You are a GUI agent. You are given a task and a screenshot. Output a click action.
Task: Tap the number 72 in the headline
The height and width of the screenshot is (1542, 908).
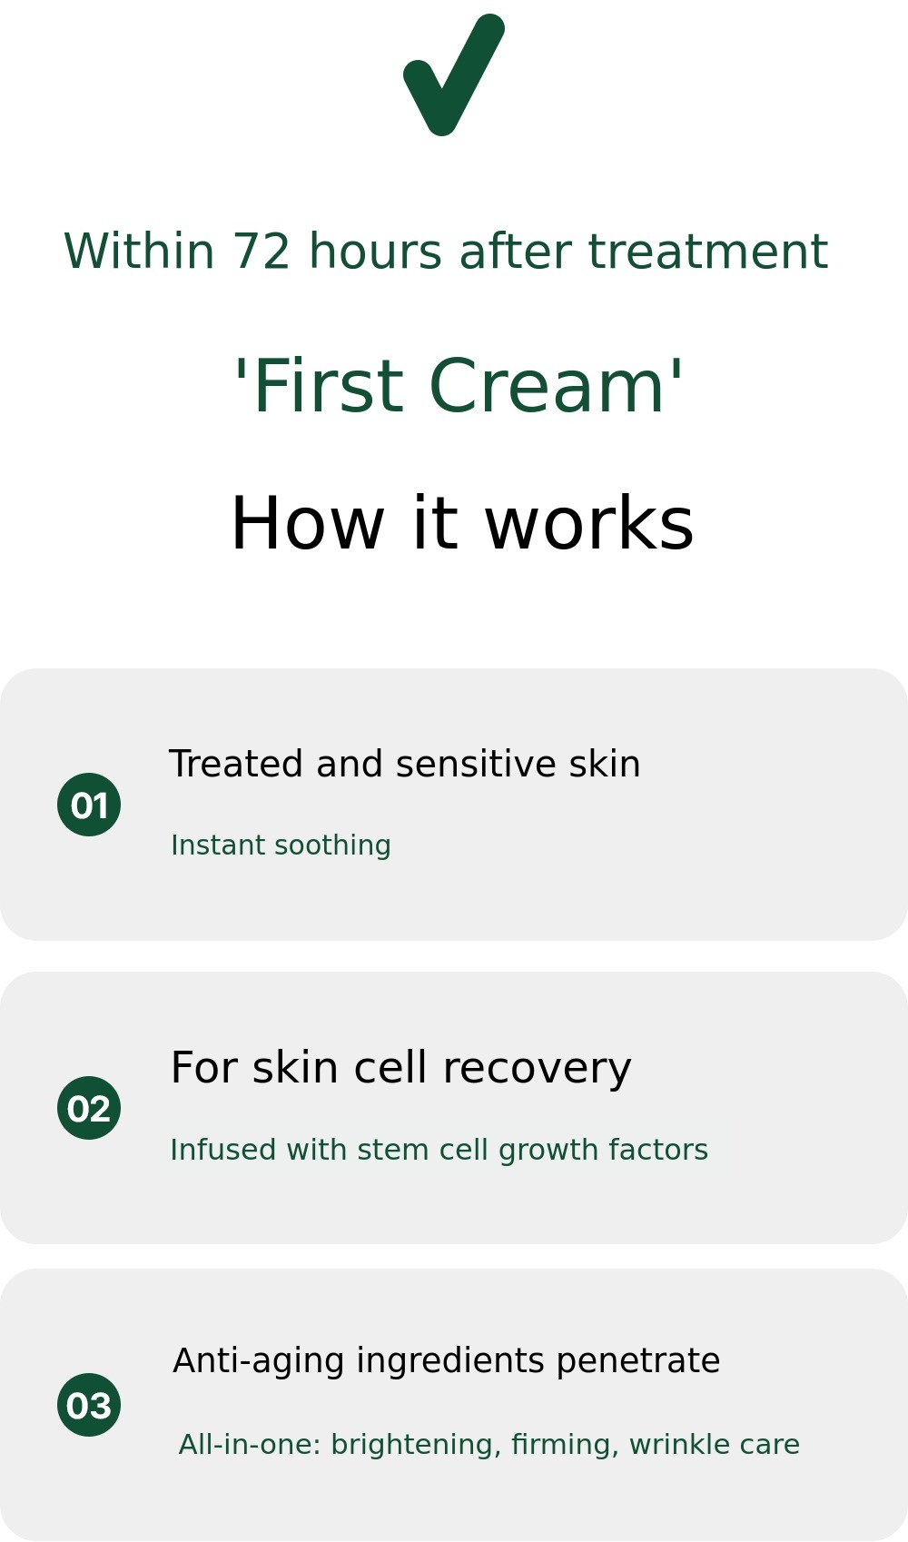coord(261,252)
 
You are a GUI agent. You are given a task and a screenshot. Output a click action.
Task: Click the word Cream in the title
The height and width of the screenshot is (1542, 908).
coord(548,386)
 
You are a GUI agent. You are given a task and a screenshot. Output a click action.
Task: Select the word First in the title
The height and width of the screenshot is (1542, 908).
coord(329,386)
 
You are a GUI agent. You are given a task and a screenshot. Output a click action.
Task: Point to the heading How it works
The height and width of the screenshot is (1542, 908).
coord(462,523)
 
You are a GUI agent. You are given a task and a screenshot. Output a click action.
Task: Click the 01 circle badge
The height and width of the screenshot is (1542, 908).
coord(89,805)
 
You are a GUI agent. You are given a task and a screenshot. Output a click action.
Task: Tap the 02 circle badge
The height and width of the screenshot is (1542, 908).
coord(89,1108)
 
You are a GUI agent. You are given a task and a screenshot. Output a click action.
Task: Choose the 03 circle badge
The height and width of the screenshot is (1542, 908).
coord(89,1404)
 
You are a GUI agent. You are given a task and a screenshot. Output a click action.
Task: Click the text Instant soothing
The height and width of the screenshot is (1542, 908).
coord(281,845)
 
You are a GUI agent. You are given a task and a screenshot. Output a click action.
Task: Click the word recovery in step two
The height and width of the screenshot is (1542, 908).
coord(537,1068)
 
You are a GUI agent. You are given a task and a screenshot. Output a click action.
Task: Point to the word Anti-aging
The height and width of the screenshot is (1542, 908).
coord(258,1361)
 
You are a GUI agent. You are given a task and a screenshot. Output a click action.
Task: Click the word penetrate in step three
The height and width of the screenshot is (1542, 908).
coord(637,1361)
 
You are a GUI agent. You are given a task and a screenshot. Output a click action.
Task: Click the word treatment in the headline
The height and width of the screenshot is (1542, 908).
coord(707,252)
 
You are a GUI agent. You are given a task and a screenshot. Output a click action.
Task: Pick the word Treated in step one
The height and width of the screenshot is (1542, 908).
coord(236,764)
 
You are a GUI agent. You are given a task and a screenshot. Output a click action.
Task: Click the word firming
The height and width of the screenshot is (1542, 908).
coord(560,1445)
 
